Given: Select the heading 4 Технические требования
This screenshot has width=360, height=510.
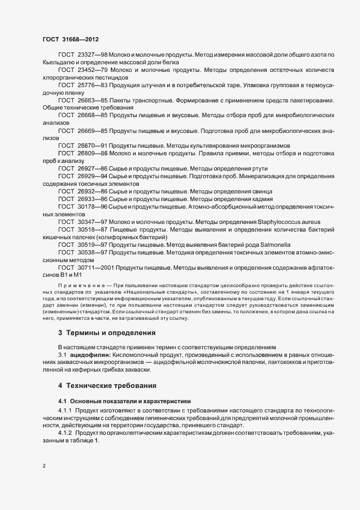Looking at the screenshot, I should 107,386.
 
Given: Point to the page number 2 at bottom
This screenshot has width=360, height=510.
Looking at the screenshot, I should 44,466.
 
